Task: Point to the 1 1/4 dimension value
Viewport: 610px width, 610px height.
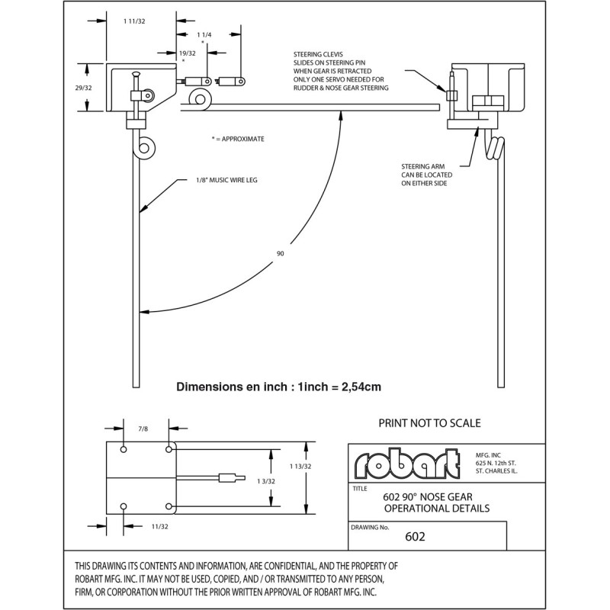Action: tap(203, 35)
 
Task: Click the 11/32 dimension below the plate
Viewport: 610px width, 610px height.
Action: tap(159, 525)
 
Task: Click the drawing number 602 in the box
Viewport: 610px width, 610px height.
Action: tap(416, 536)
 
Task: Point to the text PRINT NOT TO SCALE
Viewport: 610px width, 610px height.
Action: tap(429, 422)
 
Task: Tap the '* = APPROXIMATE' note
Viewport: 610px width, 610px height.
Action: tap(238, 140)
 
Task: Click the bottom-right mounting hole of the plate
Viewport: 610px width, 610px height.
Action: tap(169, 505)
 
